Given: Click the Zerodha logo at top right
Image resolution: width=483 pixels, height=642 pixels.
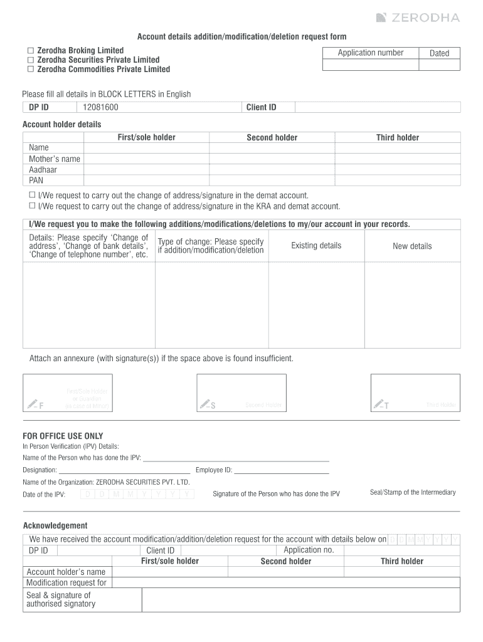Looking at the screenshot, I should point(418,18).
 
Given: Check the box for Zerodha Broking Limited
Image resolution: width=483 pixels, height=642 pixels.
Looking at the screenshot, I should point(29,50).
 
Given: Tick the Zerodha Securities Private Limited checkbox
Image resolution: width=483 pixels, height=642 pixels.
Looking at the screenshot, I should point(29,60).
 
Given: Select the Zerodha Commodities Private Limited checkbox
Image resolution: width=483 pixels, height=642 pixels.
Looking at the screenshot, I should point(29,69).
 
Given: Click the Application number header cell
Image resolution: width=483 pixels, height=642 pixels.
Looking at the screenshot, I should point(370,53).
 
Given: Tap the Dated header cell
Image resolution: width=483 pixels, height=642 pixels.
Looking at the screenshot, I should point(439,53).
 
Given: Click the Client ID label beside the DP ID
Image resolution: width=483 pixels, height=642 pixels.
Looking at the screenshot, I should point(261,107).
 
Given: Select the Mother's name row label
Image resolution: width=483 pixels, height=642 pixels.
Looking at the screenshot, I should point(55,159).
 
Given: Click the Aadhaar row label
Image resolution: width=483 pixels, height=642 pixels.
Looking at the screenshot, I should point(43,169).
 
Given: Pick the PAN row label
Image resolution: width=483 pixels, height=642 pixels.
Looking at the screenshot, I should point(36,180).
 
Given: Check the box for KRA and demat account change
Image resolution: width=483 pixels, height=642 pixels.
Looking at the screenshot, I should point(32,206).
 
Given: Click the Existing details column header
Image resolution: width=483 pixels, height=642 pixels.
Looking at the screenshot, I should point(316,245).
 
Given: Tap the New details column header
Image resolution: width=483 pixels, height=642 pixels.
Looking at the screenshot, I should point(412,246).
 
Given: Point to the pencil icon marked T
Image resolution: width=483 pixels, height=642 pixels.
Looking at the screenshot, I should point(378,404).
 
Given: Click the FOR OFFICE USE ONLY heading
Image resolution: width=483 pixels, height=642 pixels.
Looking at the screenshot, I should point(63,436).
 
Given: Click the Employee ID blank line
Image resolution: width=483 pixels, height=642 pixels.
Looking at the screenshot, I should point(281,470).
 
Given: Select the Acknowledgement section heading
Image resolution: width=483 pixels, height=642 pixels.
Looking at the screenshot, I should point(55,525).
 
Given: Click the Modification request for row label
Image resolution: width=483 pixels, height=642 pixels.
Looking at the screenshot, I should point(66,582).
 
